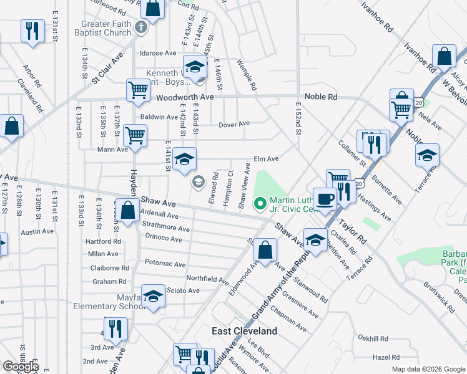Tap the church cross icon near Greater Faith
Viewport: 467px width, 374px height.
tap(142, 27)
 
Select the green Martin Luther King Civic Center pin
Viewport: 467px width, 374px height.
tap(260, 203)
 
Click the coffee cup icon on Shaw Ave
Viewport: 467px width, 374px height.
tap(324, 199)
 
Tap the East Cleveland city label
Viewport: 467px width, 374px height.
tap(244, 330)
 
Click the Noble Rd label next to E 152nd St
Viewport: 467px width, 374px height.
tap(320, 97)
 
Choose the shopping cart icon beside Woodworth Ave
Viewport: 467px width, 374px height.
tap(138, 89)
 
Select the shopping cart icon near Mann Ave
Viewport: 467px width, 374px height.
tap(135, 134)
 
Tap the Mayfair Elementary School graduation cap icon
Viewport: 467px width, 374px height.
tap(152, 296)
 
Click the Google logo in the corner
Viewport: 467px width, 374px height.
tap(21, 367)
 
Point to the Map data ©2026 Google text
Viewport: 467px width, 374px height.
tap(428, 369)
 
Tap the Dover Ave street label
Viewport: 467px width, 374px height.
tap(234, 124)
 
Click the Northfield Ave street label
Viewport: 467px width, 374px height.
tap(207, 278)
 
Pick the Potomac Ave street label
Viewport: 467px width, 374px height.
tap(165, 264)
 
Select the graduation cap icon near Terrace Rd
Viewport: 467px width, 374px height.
tap(428, 155)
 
